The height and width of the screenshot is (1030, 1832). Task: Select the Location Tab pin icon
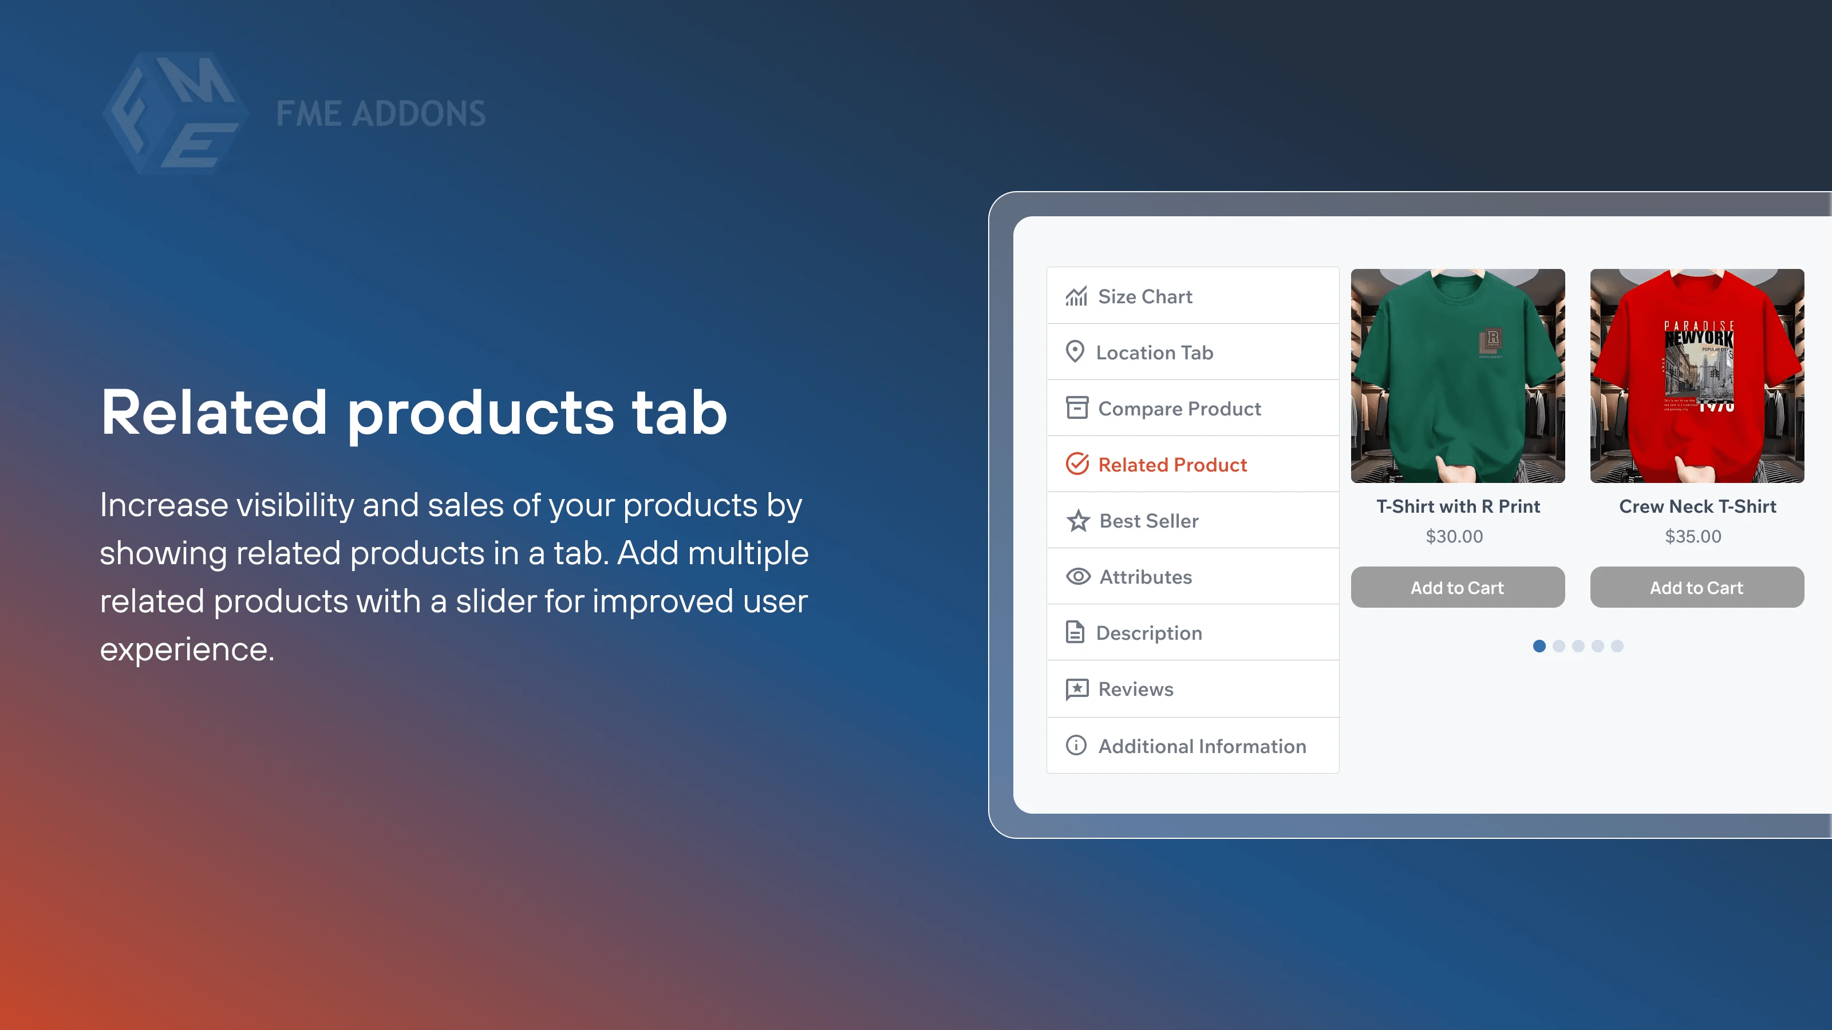(1075, 352)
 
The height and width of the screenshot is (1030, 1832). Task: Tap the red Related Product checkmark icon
(1077, 464)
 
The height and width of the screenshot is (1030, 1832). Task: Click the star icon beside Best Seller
(1078, 521)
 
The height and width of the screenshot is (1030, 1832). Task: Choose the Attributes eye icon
(1078, 576)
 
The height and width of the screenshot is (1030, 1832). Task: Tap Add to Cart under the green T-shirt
(1457, 587)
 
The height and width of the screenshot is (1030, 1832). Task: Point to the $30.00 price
(1454, 536)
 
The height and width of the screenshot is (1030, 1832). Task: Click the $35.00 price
(1693, 536)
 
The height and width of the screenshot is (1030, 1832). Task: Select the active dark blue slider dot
(1539, 645)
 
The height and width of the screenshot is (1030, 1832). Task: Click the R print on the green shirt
(1492, 339)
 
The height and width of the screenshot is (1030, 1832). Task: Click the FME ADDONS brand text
(381, 114)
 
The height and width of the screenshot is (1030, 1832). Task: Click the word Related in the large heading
(214, 413)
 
